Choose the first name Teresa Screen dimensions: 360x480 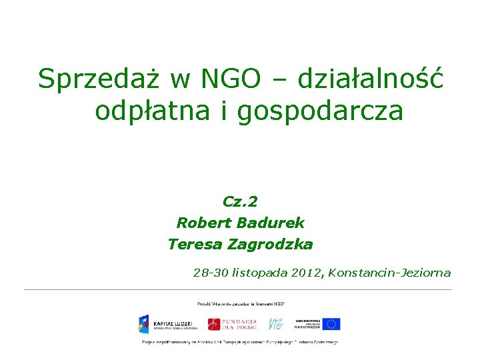click(x=195, y=245)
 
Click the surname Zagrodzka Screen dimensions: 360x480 click(x=270, y=245)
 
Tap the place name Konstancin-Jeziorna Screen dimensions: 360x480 click(x=389, y=273)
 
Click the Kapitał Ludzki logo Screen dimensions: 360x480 click(x=167, y=324)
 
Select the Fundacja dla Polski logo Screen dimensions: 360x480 click(x=231, y=324)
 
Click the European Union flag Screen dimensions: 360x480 click(x=331, y=324)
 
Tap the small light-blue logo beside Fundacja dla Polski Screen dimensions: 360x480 click(x=275, y=324)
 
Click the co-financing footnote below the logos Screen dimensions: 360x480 click(x=240, y=343)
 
